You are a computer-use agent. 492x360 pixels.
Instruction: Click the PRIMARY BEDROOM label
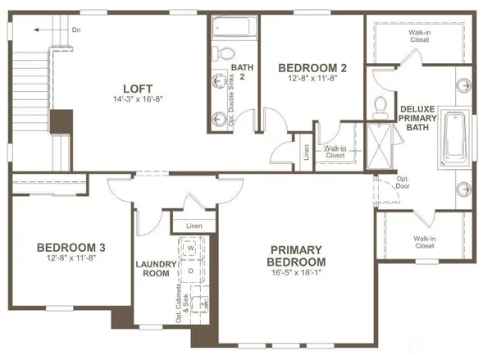(301, 255)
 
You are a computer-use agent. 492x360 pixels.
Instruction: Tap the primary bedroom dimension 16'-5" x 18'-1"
(301, 273)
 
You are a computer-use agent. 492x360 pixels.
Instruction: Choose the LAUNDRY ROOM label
(156, 270)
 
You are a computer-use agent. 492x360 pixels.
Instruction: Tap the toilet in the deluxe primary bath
(380, 105)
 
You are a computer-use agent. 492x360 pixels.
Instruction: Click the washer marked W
(190, 247)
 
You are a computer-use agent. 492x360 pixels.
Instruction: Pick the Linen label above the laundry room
(194, 225)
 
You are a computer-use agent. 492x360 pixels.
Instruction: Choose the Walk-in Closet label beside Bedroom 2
(335, 151)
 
